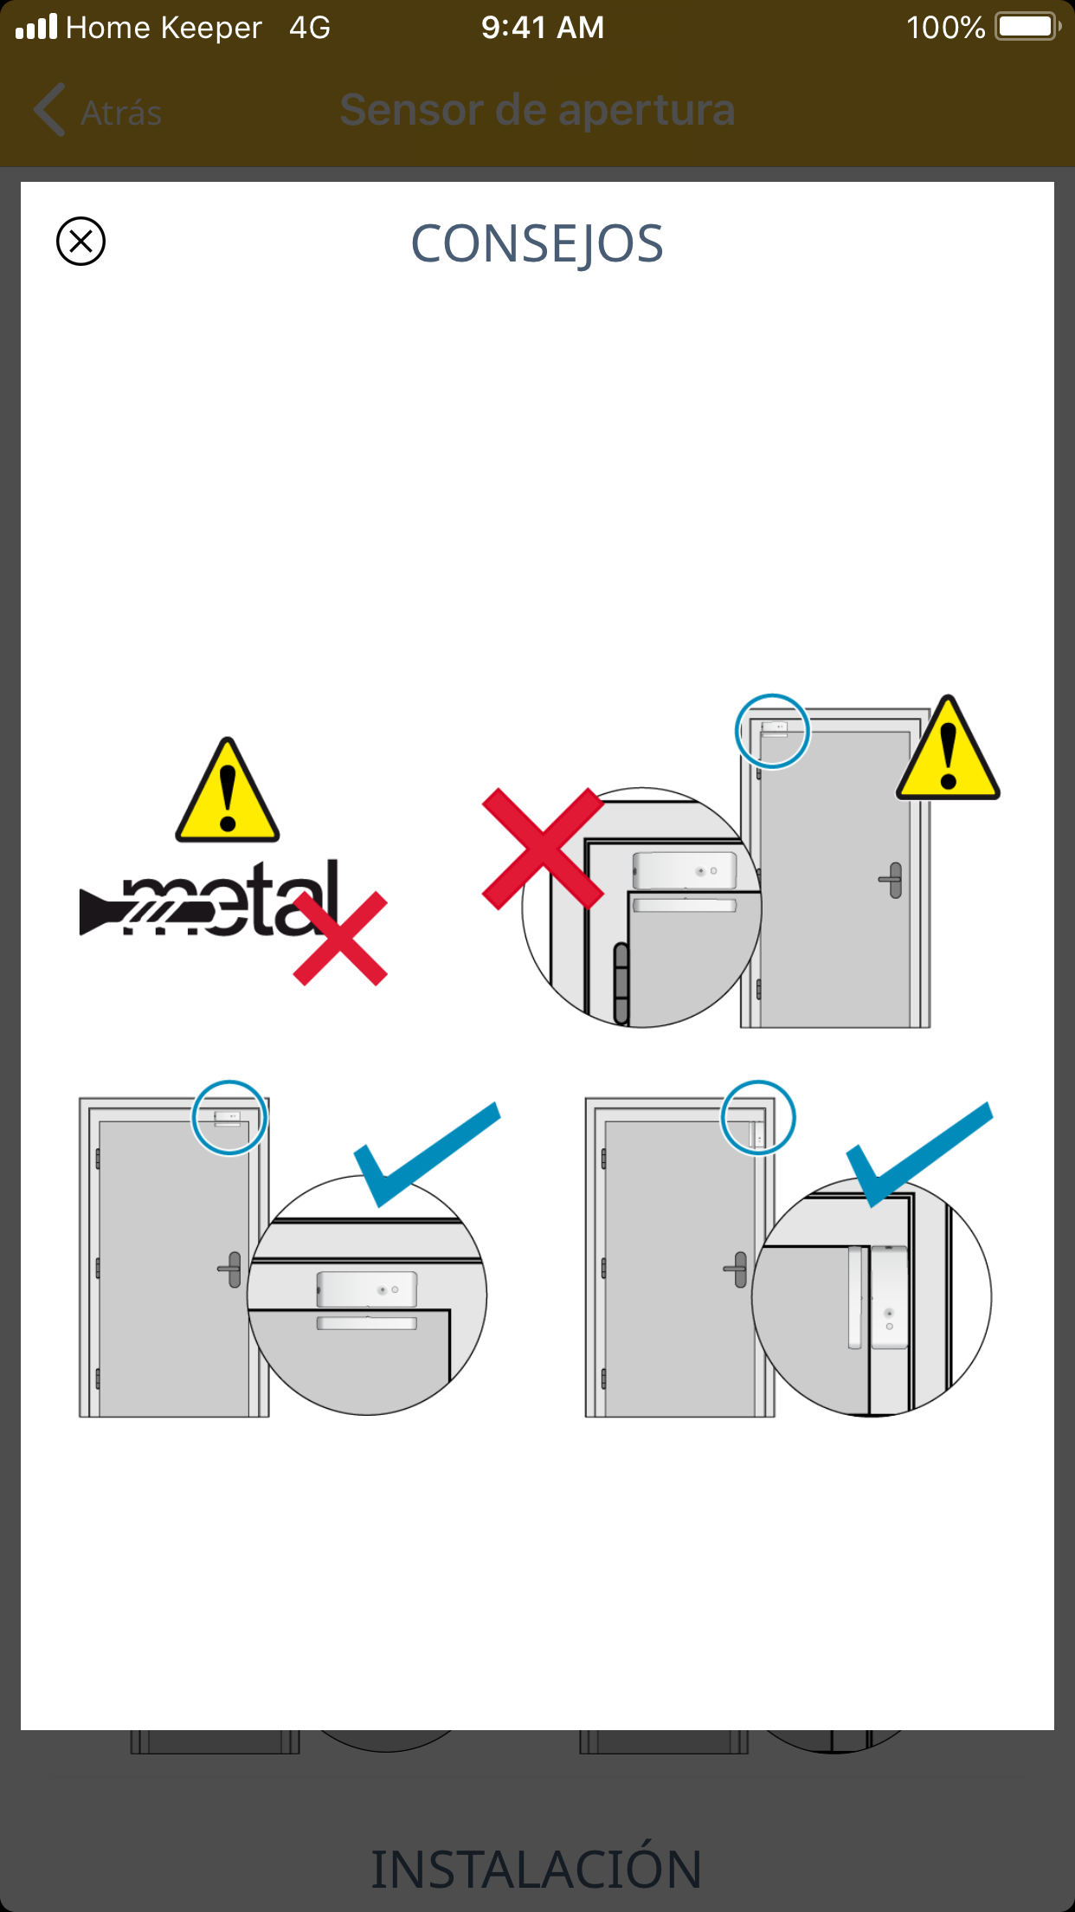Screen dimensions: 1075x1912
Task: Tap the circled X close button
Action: tap(80, 241)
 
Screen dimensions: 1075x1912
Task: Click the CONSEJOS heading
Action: tap(537, 244)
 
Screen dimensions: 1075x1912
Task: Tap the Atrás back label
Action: tap(121, 113)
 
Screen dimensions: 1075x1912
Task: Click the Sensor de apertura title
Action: tap(537, 110)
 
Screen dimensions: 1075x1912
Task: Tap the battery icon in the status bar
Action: tap(1028, 27)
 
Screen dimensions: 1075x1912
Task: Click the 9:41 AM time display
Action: tap(543, 27)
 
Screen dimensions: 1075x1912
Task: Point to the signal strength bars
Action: tap(36, 26)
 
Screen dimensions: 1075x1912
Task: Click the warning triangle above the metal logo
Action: tap(228, 790)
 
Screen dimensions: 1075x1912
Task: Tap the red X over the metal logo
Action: tap(340, 939)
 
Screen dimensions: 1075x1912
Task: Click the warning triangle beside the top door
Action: tap(948, 747)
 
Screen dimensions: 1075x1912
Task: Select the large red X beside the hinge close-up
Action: tap(543, 849)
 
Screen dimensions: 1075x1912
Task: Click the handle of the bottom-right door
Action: tap(737, 1269)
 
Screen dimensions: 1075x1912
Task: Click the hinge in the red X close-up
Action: tap(621, 984)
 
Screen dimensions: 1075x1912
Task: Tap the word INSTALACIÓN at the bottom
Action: tap(537, 1869)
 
